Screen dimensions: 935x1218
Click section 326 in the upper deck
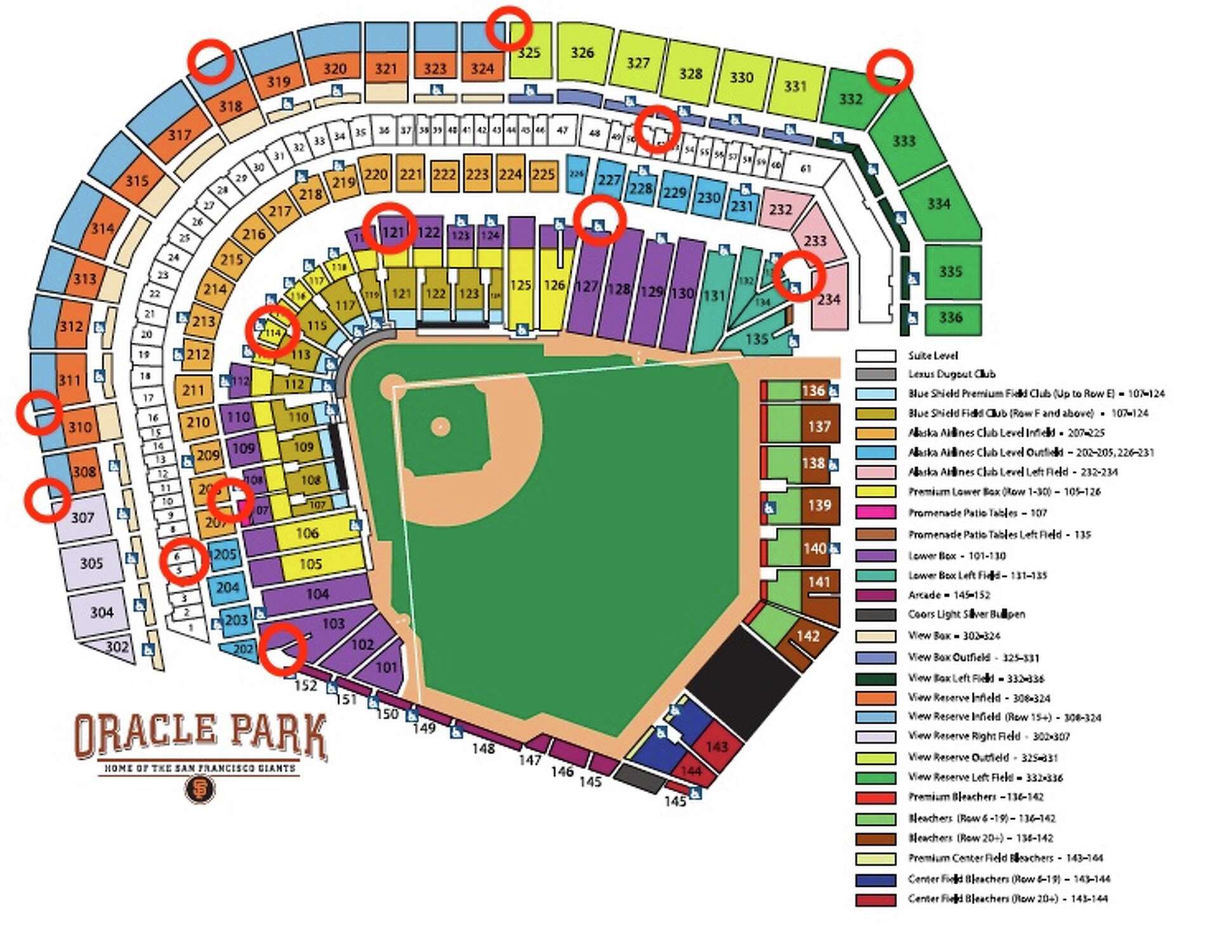coord(582,53)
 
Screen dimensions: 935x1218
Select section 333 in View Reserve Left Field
coord(903,141)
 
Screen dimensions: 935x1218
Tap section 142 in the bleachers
coord(808,636)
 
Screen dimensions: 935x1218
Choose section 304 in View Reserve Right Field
coord(101,613)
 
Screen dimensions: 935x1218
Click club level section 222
coord(444,174)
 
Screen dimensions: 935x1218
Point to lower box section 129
coord(652,291)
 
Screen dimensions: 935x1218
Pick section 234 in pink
coord(828,299)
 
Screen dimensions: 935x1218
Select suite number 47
coord(562,130)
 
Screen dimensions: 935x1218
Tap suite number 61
coord(806,169)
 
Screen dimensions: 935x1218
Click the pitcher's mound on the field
coord(440,427)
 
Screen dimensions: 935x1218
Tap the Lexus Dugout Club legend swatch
coord(875,375)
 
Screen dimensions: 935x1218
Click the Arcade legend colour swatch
coord(875,595)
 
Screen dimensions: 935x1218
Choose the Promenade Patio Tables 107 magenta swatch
coord(875,512)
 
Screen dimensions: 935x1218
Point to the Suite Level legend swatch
coord(875,355)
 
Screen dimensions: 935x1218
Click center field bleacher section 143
coord(716,746)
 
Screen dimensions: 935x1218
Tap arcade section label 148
coord(483,749)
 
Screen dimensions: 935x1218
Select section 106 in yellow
coord(308,533)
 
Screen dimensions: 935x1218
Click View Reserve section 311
coord(70,380)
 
